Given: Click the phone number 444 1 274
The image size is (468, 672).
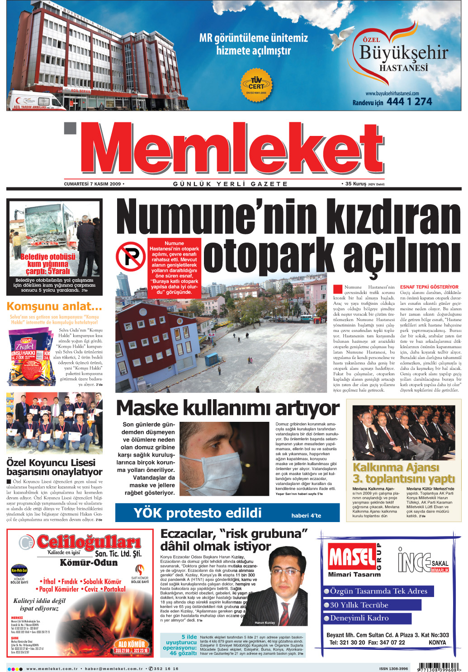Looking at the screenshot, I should point(409,102).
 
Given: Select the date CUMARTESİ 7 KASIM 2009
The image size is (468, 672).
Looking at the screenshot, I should point(93,184).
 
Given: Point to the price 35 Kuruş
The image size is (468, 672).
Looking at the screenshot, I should point(355,184).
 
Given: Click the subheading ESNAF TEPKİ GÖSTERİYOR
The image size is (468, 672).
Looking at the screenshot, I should point(429,287).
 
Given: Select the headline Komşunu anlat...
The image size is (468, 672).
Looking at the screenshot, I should point(54,307).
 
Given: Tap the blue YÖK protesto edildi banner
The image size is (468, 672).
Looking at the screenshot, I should point(227,513).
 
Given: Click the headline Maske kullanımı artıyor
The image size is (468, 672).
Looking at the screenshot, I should point(227,408).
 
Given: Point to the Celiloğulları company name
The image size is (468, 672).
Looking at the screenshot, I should point(89,542).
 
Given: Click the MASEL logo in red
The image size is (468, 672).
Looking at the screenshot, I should point(351,557).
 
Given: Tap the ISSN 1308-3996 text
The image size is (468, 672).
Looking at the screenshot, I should point(393,668).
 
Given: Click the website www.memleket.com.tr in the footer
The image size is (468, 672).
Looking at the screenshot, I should point(52,668).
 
